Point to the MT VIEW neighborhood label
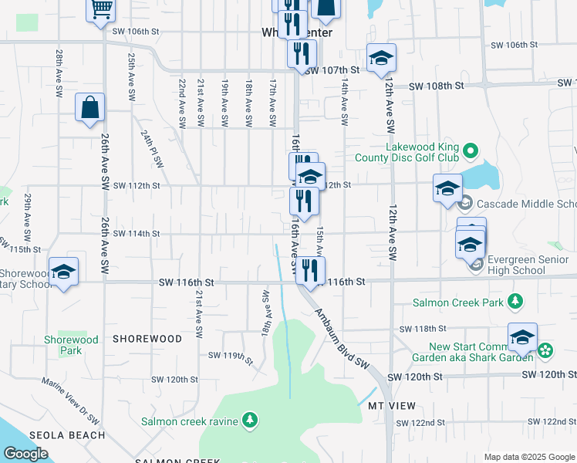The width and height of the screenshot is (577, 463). (391, 406)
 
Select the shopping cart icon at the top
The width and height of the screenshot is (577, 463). (101, 9)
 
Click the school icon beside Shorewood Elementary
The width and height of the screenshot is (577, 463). (63, 271)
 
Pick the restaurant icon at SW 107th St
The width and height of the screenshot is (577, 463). (302, 53)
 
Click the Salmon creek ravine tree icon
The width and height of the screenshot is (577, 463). (249, 421)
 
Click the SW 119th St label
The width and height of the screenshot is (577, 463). (231, 357)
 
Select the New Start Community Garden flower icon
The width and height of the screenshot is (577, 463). (545, 351)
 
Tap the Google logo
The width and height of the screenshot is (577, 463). (26, 454)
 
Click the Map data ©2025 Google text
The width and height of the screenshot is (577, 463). (528, 457)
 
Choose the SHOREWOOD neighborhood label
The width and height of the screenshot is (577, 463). (147, 339)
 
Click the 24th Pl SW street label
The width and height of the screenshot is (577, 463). (152, 148)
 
